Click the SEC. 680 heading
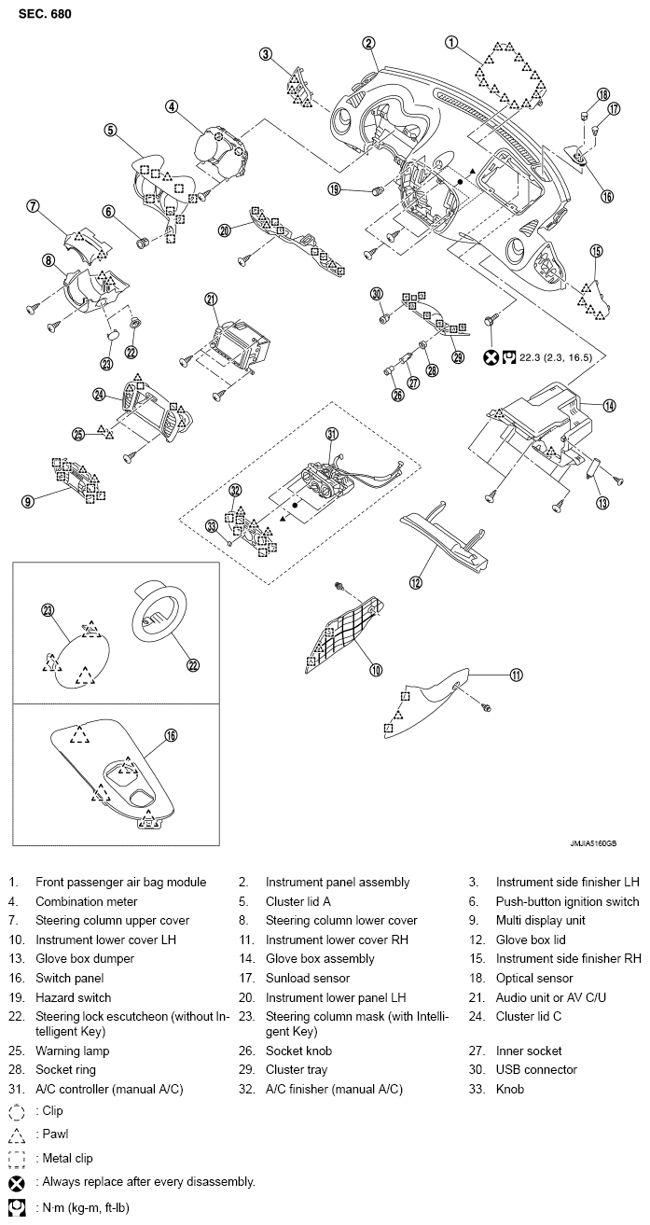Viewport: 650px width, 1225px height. pos(45,14)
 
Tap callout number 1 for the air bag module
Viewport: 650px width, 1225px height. pos(451,43)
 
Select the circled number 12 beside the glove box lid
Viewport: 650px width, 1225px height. pos(416,583)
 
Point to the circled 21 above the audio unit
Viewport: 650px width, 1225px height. pos(211,299)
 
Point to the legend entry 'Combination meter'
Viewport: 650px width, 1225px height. pos(87,901)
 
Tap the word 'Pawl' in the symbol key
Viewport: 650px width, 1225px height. pos(55,1134)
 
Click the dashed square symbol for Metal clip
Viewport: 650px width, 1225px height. pos(17,1159)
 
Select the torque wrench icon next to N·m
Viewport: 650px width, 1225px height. pos(17,1207)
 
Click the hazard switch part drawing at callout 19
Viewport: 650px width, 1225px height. pos(378,191)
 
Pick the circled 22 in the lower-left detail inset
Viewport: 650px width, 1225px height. pos(192,665)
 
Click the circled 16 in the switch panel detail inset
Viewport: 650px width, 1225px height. pos(171,735)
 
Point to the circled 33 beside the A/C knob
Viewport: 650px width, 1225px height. pos(212,526)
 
